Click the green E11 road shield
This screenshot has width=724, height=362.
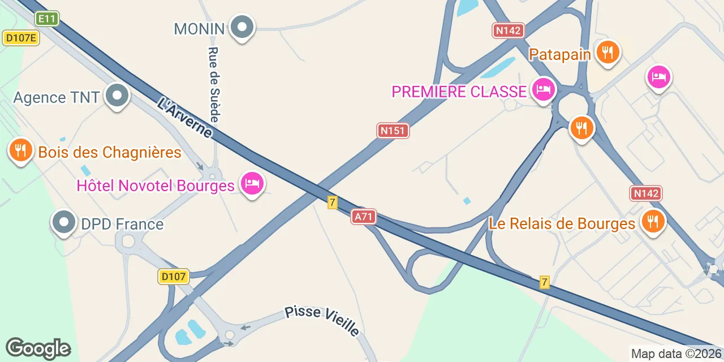(47, 19)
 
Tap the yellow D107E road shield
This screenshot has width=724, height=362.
(21, 38)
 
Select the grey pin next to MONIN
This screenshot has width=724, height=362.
(243, 27)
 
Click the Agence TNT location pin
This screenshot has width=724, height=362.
(117, 96)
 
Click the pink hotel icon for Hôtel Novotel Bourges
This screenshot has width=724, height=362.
(252, 184)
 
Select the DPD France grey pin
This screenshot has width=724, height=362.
(63, 223)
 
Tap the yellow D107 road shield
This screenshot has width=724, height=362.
(173, 277)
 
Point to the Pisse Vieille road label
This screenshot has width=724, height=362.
(322, 321)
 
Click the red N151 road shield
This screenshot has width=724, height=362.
(393, 131)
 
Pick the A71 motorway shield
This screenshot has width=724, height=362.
(363, 217)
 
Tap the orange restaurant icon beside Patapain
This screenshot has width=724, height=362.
(608, 53)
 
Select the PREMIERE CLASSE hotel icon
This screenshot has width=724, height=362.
(544, 89)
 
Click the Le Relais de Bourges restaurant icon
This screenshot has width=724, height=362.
(653, 221)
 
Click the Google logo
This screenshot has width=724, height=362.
(38, 348)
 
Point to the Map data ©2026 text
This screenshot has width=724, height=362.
(675, 354)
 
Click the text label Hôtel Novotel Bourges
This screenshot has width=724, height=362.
(156, 186)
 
